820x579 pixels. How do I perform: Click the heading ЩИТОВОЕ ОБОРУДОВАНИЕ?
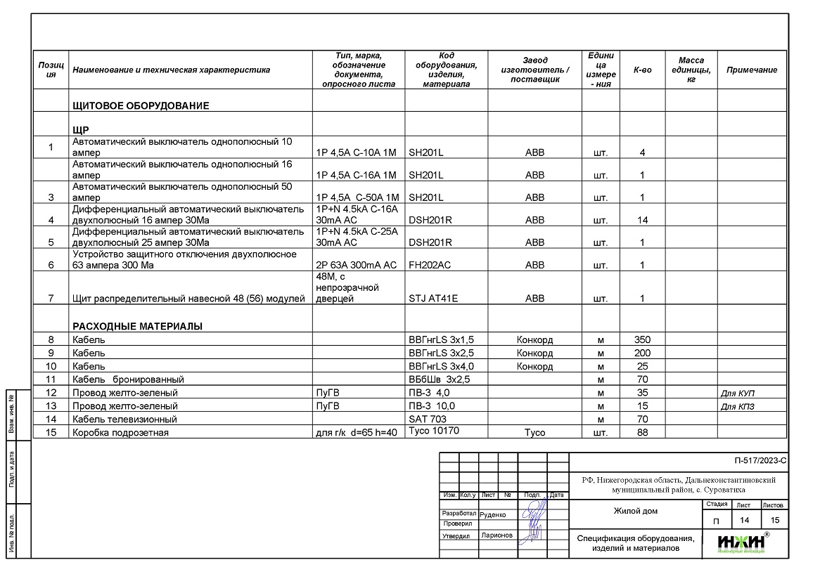141,106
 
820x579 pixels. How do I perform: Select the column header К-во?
642,70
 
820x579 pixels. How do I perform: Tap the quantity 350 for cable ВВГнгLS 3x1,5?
642,340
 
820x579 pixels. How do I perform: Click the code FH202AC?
430,266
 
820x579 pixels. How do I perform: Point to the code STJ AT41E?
433,299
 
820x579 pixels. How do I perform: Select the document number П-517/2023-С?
760,462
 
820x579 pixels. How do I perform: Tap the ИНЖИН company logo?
741,542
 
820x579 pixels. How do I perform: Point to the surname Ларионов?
497,535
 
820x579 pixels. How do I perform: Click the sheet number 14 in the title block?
744,520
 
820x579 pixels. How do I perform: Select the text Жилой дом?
636,511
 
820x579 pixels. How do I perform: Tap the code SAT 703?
428,419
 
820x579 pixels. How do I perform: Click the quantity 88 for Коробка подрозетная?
642,433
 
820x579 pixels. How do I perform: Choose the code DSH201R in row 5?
430,243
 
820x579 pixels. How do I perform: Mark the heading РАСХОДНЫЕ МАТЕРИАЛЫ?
138,327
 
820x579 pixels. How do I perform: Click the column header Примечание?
751,70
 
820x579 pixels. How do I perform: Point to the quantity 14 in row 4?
642,221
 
